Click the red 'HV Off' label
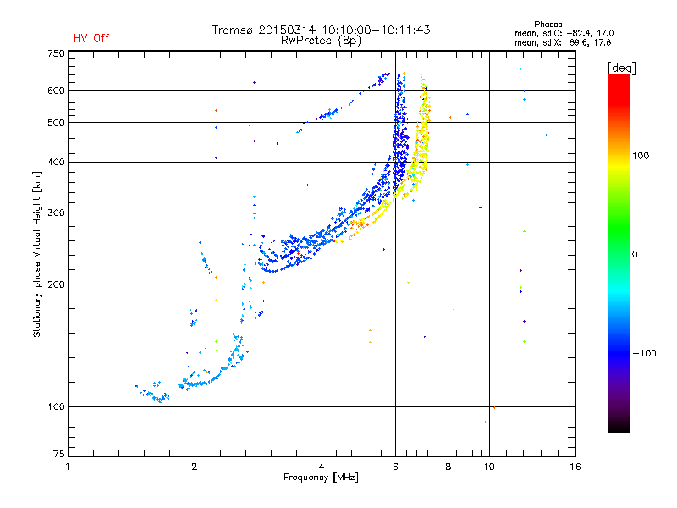(x=91, y=38)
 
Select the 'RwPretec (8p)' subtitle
(x=322, y=40)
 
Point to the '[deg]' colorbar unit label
(x=621, y=67)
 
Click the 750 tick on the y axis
(x=56, y=53)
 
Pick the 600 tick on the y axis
(x=56, y=90)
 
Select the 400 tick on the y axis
(x=56, y=162)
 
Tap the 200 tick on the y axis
(x=56, y=284)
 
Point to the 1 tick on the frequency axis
(x=68, y=467)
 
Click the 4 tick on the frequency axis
(x=322, y=467)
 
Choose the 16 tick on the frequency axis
(x=575, y=467)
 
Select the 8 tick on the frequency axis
(x=448, y=467)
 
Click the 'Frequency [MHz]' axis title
(x=321, y=478)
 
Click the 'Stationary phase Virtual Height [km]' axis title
(x=37, y=254)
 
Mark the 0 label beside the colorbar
(x=635, y=254)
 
